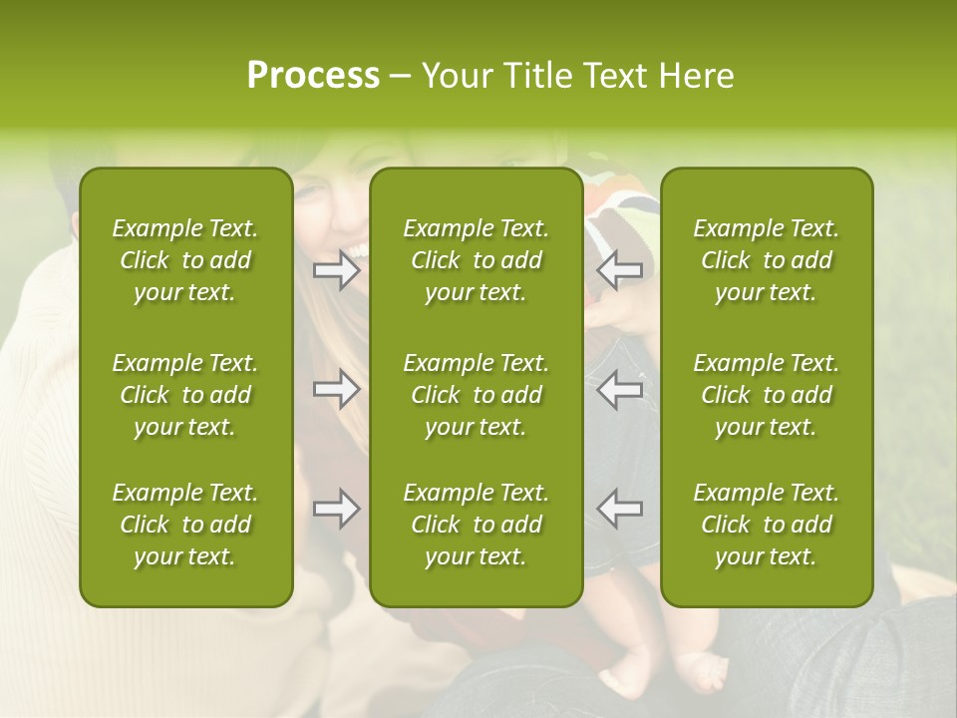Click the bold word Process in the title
coord(313,76)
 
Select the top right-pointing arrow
coord(336,269)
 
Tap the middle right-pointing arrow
coord(336,389)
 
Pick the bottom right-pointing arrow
coord(336,509)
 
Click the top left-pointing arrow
coord(620,269)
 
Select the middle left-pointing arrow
coord(620,389)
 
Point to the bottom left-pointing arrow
coord(620,509)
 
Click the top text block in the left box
coord(185,260)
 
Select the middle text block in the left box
coord(185,395)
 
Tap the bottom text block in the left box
coord(185,525)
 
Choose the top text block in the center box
coord(476,260)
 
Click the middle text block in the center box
coord(476,395)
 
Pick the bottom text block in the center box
coord(476,525)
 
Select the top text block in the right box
coord(766,260)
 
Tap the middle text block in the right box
coord(766,395)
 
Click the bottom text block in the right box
coord(766,525)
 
